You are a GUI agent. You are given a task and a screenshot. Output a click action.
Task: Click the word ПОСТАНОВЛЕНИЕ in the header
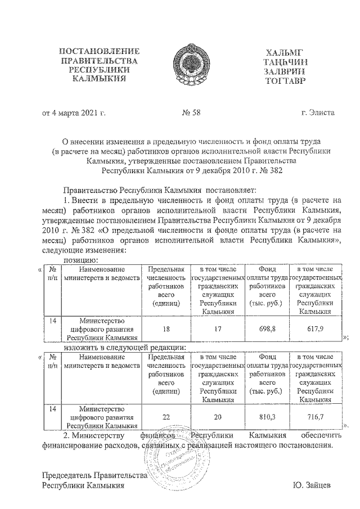click(x=97, y=52)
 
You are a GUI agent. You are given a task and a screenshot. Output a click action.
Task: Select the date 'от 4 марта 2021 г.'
click(x=73, y=112)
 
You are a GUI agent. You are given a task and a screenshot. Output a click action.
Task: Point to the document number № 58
click(x=192, y=112)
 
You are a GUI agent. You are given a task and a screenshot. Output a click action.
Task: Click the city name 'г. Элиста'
click(x=318, y=112)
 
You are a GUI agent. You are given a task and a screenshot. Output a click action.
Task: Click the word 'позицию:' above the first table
click(x=82, y=260)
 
